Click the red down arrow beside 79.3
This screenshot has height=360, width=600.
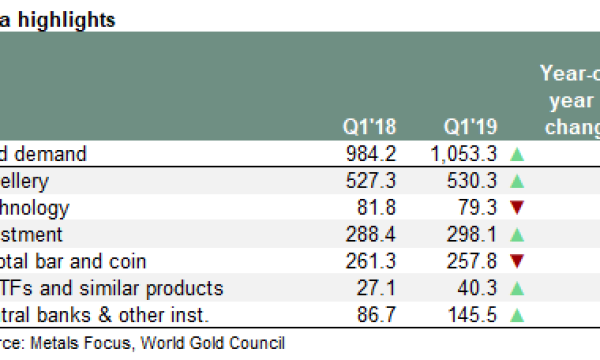click(x=517, y=209)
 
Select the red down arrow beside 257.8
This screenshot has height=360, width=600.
click(x=517, y=262)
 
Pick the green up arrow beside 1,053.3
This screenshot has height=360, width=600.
click(x=517, y=155)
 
